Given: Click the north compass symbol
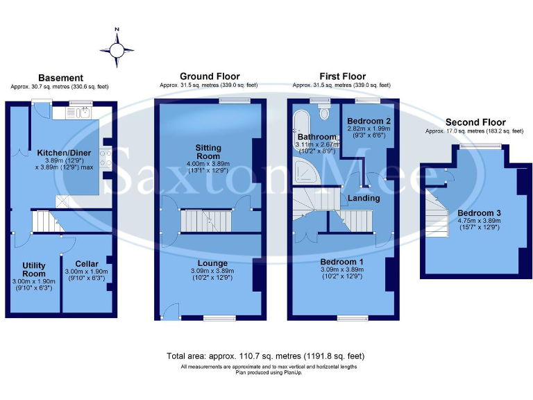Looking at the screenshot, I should [117, 49].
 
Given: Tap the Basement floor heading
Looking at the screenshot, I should [60, 78].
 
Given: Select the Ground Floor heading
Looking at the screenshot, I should [210, 76].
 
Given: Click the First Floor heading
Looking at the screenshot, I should [342, 76].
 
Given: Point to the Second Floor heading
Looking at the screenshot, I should [475, 122].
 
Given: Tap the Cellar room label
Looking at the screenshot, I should [87, 264].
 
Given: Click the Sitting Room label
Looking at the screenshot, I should [209, 151].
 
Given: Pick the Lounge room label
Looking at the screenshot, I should [209, 263].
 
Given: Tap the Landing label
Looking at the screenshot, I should [364, 199].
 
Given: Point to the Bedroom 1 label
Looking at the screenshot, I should [342, 262].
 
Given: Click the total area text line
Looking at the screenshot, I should [266, 356].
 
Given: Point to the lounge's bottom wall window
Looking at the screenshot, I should [215, 318].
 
